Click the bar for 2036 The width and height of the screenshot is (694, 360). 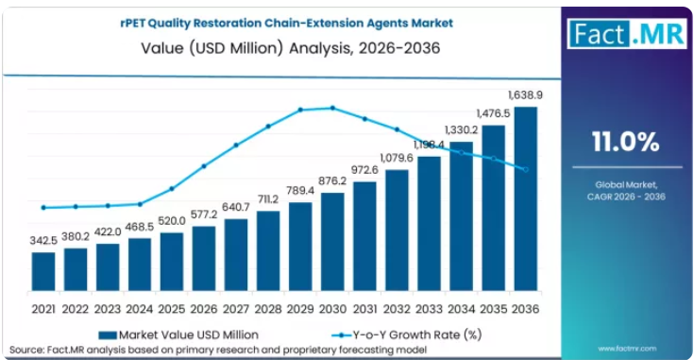pos(525,198)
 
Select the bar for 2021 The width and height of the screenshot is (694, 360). pos(43,271)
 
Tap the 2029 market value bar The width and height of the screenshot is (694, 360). pos(300,247)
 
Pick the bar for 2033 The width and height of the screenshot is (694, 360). pos(429,224)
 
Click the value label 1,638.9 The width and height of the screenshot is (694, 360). pos(525,95)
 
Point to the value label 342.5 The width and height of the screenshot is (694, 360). pos(43,240)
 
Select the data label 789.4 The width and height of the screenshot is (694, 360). pos(300,191)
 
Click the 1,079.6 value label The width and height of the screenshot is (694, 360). pos(397,158)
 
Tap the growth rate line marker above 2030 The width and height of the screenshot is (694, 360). pos(332,108)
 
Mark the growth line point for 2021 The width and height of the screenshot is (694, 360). pos(43,207)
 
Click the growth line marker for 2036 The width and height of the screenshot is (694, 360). pos(526,169)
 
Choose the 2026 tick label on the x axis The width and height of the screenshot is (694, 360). pos(204,309)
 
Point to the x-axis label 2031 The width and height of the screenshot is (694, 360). pos(364,309)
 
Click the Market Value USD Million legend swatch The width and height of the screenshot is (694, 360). pos(108,335)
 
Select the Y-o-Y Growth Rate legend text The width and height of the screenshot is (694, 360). pos(417,334)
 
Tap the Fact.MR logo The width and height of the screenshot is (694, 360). pos(627,34)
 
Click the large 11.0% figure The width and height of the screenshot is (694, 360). pos(626,142)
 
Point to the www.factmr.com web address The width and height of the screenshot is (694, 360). pos(627,349)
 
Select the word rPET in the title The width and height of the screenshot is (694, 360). pos(132,23)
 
